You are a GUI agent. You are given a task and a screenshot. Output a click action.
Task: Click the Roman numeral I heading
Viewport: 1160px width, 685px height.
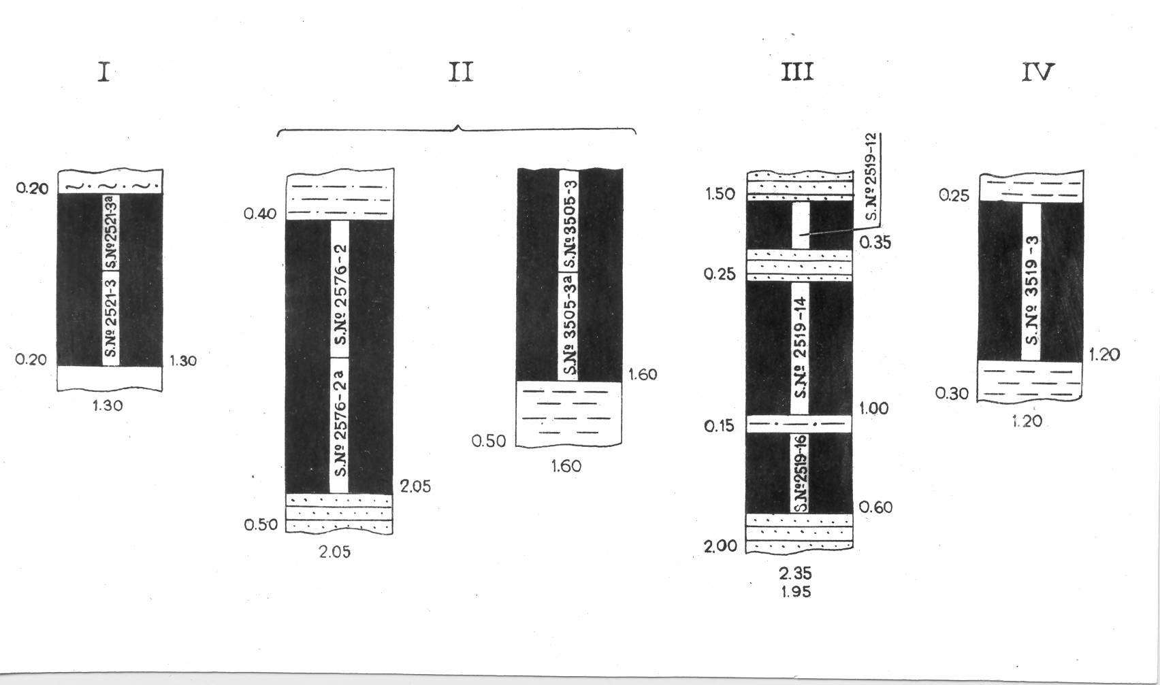[103, 71]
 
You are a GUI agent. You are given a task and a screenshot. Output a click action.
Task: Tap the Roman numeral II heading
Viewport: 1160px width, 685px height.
[460, 71]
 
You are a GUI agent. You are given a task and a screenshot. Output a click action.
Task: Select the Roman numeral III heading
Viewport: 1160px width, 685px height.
[796, 71]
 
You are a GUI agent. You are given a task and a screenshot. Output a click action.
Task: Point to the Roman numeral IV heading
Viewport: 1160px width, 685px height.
[1037, 71]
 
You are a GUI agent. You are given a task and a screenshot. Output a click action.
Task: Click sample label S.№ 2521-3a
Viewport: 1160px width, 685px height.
[111, 232]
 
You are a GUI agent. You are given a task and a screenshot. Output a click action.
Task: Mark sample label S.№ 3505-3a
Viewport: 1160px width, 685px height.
[569, 324]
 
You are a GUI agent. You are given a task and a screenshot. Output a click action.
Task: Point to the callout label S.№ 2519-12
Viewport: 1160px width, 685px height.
[872, 177]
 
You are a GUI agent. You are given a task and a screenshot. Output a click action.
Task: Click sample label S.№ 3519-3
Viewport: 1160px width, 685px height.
[1031, 290]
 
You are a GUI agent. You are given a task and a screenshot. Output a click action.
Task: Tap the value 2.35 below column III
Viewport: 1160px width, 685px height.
[795, 573]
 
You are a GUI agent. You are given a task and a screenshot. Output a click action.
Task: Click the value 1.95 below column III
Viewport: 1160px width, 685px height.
[795, 592]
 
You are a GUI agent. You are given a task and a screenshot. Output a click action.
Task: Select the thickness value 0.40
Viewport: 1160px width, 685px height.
[260, 214]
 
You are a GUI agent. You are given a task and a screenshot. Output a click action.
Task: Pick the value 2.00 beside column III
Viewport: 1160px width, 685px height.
[720, 546]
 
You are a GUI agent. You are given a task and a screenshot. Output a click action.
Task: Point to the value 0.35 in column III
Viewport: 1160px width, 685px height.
[875, 243]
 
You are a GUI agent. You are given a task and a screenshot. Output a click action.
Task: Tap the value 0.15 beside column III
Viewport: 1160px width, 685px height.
[719, 427]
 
